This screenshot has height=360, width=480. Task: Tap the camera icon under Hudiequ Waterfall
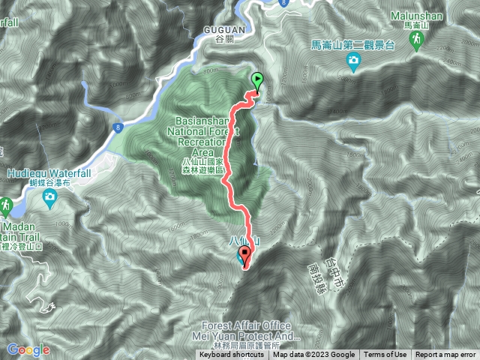pyautogui.click(x=49, y=197)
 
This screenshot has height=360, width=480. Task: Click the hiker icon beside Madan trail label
pyautogui.click(x=6, y=205)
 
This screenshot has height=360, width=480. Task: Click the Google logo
pyautogui.click(x=28, y=349)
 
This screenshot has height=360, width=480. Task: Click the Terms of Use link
pyautogui.click(x=385, y=355)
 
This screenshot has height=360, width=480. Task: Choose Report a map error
pyautogui.click(x=445, y=355)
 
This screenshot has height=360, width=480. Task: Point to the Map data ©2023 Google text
pyautogui.click(x=314, y=355)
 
